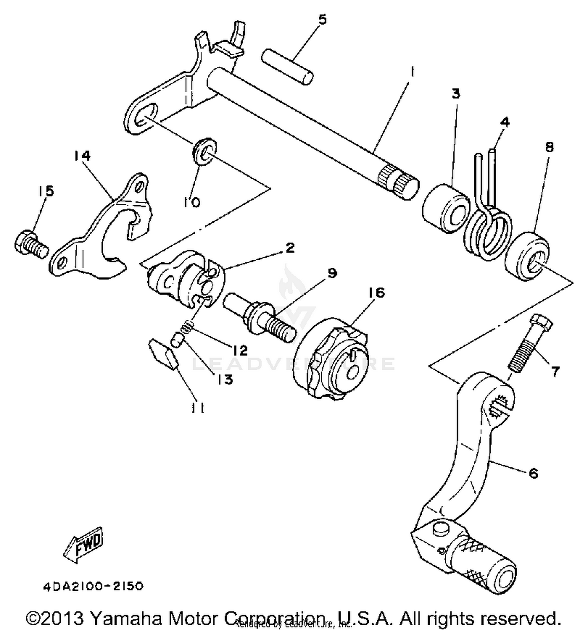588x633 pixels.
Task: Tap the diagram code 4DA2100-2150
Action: click(93, 586)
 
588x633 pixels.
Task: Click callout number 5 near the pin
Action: click(322, 20)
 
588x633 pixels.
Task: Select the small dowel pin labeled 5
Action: click(287, 66)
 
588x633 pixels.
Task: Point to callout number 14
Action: click(82, 156)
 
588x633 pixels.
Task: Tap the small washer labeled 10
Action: click(205, 151)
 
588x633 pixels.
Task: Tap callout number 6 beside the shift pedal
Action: click(534, 473)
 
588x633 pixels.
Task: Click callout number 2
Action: click(290, 248)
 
